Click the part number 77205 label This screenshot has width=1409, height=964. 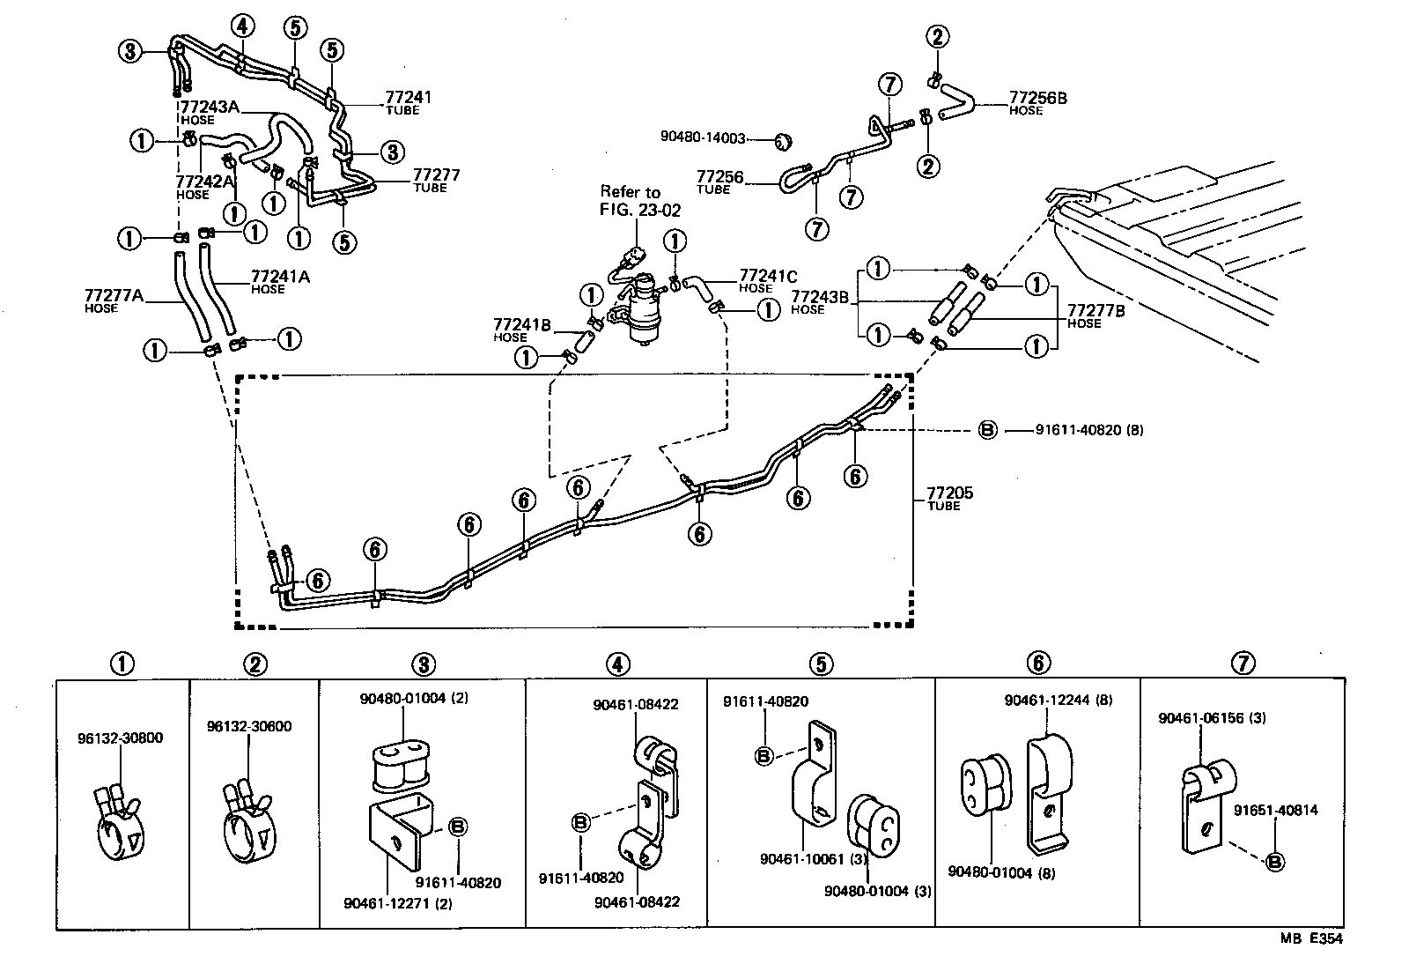click(x=949, y=493)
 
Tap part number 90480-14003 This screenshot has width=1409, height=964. click(x=703, y=137)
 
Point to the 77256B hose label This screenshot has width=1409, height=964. click(x=1038, y=99)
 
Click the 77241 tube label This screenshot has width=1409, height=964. click(x=408, y=98)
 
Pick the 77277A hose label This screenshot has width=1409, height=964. click(x=114, y=295)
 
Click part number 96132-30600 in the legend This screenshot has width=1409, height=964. click(x=249, y=727)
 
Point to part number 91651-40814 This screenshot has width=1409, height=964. click(x=1275, y=811)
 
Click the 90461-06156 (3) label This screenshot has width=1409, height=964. click(x=1212, y=718)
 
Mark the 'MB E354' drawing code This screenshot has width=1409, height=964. click(x=1311, y=939)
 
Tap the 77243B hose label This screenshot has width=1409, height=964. click(x=820, y=298)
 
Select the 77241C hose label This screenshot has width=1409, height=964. click(x=768, y=275)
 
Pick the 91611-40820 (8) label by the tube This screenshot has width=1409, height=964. click(x=1088, y=431)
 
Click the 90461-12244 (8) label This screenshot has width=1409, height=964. click(x=1058, y=701)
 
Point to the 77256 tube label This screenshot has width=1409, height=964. click(x=719, y=178)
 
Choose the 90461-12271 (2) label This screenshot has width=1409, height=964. click(x=397, y=903)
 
